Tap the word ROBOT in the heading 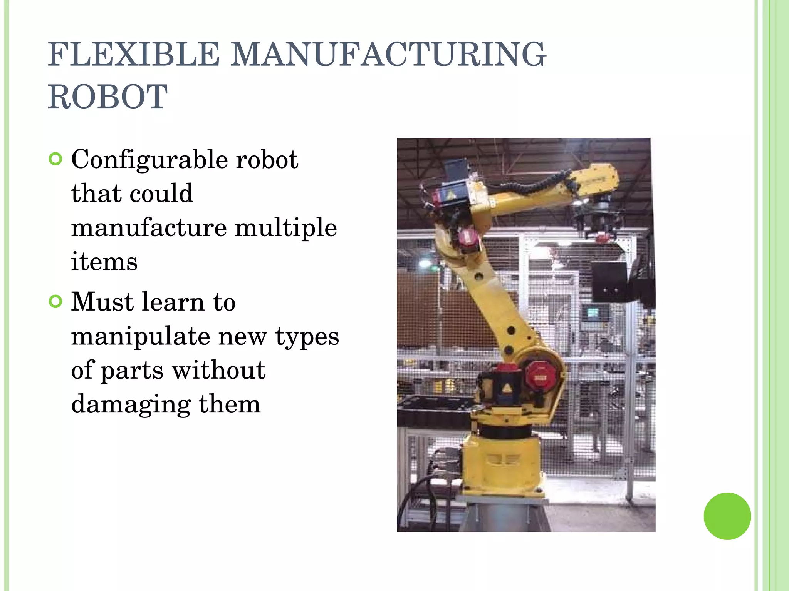(107, 97)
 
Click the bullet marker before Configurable (56, 159)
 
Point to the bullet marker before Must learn (56, 302)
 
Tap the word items (104, 262)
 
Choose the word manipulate (140, 336)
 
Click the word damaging (131, 404)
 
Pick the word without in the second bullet (218, 370)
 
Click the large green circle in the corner (727, 516)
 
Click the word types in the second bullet (307, 336)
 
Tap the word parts (132, 370)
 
